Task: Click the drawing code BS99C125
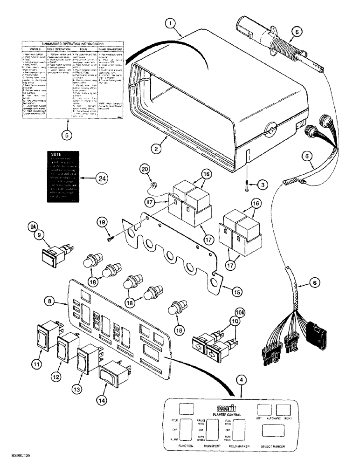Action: click(19, 458)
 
